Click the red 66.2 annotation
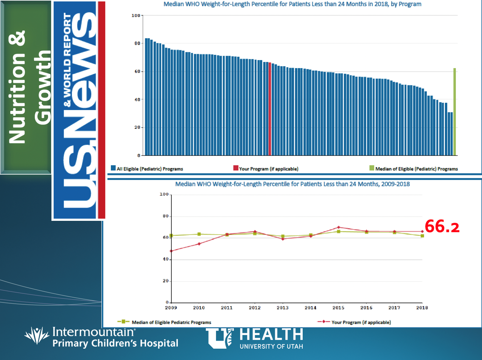tap(442, 227)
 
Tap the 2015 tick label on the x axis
tap(338, 308)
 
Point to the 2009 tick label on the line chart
tap(171, 308)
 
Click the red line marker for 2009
tap(171, 251)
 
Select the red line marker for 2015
tap(338, 227)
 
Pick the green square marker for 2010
tap(199, 234)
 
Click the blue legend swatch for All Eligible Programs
tap(113, 168)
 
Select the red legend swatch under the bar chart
tap(236, 168)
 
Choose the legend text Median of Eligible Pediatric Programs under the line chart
tap(171, 323)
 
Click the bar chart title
tap(292, 5)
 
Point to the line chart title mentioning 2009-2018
tap(292, 184)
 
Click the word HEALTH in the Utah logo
tap(272, 334)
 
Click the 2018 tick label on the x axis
tap(422, 308)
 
